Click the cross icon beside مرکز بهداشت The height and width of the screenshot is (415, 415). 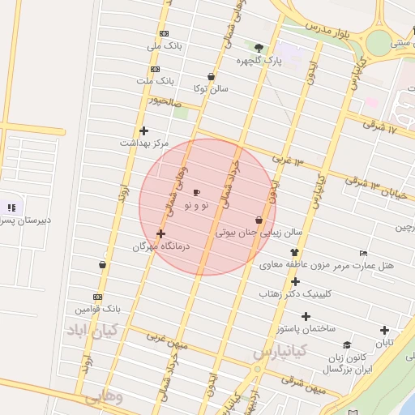[x=144, y=130]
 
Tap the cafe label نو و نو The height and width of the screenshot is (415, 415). [x=196, y=206]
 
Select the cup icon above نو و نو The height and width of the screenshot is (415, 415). [x=196, y=193]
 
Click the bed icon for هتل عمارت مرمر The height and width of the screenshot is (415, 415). [x=362, y=253]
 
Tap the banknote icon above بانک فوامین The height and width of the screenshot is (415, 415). [x=97, y=297]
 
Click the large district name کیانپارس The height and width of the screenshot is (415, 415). [x=280, y=353]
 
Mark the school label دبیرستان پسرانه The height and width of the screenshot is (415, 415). [x=24, y=220]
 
